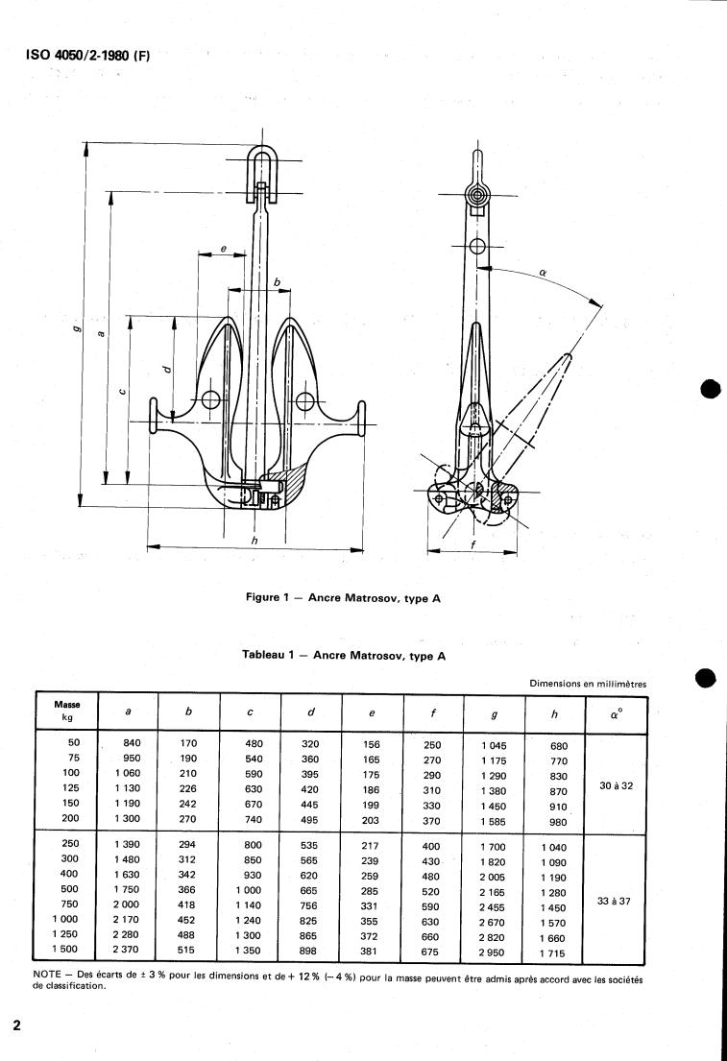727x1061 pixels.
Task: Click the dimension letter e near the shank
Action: point(223,249)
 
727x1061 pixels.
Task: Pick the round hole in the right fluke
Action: point(303,400)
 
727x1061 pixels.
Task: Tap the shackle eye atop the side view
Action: point(477,195)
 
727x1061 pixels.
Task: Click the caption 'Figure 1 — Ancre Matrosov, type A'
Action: point(343,597)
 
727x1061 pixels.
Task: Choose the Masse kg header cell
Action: point(66,711)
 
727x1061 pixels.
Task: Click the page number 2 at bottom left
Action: point(16,1024)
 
